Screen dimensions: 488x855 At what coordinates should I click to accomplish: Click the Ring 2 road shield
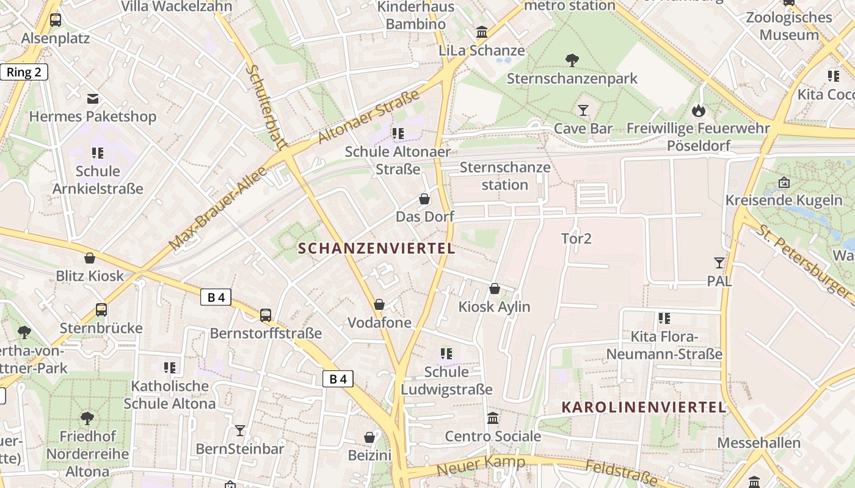(24, 72)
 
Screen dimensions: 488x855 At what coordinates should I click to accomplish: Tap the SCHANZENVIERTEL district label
(377, 248)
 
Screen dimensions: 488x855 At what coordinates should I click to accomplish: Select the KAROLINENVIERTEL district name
(643, 407)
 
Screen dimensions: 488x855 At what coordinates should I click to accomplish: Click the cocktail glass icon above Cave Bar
(583, 110)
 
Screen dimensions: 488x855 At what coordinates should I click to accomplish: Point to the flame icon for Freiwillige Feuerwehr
(698, 110)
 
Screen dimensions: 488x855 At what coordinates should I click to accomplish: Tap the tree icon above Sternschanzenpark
(572, 60)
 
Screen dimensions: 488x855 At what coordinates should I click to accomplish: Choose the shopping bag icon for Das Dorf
(424, 199)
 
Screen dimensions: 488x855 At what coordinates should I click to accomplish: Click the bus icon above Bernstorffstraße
(265, 315)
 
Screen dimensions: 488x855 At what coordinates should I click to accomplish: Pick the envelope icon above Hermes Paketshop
(93, 98)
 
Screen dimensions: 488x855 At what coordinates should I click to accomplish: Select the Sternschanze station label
(505, 176)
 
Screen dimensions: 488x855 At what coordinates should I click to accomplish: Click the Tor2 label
(577, 239)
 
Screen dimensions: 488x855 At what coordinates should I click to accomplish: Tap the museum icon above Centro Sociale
(492, 418)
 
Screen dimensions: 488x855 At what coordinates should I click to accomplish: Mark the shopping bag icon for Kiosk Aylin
(494, 289)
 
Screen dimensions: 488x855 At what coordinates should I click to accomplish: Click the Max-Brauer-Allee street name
(218, 208)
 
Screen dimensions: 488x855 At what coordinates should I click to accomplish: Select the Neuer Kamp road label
(481, 465)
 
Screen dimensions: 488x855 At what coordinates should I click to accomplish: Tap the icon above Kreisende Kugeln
(784, 182)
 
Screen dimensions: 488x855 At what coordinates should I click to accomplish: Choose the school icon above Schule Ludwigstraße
(446, 354)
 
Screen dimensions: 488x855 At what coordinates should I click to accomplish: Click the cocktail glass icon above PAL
(719, 263)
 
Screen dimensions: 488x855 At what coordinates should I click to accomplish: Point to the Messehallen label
(759, 443)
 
